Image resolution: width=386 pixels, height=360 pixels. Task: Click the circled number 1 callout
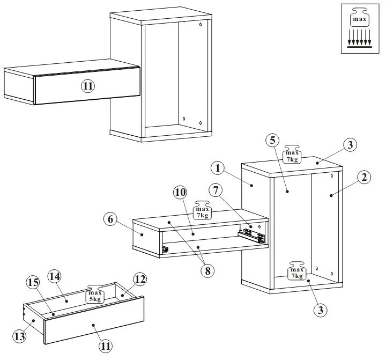[217, 168]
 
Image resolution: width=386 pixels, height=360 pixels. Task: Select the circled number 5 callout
[272, 140]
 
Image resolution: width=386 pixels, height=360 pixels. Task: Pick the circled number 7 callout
[217, 190]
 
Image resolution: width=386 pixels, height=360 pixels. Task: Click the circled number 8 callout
[206, 270]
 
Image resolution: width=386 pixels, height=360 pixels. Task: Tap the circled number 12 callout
[140, 280]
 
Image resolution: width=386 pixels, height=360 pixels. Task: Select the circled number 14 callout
[55, 276]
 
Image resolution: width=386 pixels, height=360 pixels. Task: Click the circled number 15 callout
[33, 282]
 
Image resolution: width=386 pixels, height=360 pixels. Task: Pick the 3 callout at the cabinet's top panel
[349, 145]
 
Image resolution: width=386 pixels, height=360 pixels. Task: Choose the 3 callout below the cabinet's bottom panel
[321, 310]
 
